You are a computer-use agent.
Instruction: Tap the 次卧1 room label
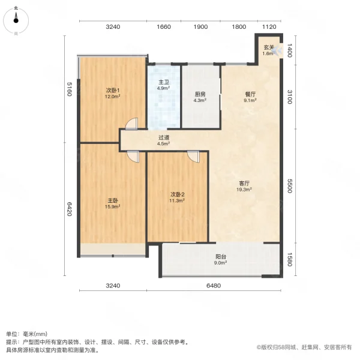click(113, 91)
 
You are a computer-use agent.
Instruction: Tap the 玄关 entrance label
click(268, 47)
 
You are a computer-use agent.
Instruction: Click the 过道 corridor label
click(163, 137)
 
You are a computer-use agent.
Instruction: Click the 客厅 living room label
click(244, 184)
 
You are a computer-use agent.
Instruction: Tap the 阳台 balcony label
click(220, 256)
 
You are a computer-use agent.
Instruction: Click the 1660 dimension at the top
click(164, 26)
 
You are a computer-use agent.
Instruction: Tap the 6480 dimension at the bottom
click(221, 286)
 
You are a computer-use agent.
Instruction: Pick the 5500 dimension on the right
click(290, 186)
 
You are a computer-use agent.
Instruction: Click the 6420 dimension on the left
click(70, 209)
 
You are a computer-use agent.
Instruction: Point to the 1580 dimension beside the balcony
click(290, 261)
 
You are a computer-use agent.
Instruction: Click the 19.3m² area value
click(244, 190)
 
